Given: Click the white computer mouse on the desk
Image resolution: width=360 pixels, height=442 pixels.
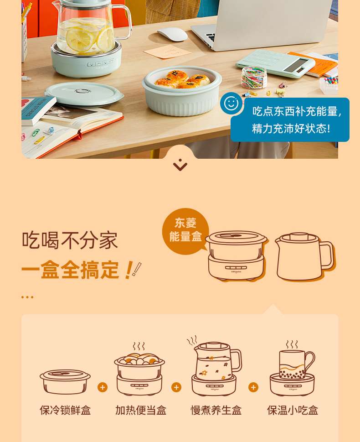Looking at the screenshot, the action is coord(172,34).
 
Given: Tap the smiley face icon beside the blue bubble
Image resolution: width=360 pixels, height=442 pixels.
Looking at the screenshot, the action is coord(231,103).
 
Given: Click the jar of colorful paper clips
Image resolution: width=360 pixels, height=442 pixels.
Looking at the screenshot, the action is coord(254,77).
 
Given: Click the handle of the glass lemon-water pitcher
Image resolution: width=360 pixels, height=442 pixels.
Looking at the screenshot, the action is coord(125,21).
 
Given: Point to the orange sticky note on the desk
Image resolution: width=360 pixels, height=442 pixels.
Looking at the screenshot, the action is coord(167,52).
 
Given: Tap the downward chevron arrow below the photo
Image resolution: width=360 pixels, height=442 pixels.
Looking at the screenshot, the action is coord(180,165).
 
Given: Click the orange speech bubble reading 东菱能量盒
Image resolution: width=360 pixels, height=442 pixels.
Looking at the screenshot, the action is coord(185,230).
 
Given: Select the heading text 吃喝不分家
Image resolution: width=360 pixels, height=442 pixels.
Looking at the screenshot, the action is coord(70,240).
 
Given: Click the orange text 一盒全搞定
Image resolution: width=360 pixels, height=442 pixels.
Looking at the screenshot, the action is coord(70,270).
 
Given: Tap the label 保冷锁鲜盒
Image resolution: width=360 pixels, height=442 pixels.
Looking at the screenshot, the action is coord(65,410).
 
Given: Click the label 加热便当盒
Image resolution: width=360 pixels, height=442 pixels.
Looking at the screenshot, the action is coord(141,410).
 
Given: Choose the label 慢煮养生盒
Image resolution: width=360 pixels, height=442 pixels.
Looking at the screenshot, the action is coord(216,410).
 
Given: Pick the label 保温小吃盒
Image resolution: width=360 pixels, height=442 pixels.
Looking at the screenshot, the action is coord(293,410).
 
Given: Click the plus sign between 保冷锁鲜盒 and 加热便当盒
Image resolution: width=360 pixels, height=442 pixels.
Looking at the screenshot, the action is coord(103,387).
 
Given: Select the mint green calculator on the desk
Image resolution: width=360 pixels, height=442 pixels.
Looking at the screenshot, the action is coord(275,63).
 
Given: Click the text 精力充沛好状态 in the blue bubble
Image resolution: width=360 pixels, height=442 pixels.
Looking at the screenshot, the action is coord(291,129).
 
